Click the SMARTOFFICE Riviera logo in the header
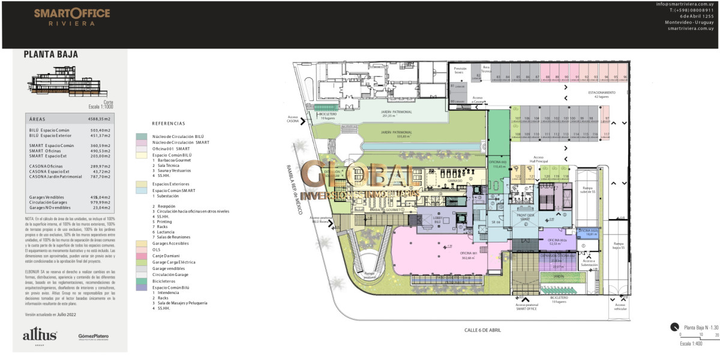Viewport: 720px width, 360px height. [72, 16]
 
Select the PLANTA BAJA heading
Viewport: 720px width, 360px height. [51, 55]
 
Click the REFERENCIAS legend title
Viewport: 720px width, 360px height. [169, 123]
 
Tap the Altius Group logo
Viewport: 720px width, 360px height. [40, 336]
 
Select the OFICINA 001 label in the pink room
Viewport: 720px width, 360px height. [468, 253]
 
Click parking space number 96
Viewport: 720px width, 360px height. [625, 78]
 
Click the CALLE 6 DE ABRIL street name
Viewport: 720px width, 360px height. [482, 330]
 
